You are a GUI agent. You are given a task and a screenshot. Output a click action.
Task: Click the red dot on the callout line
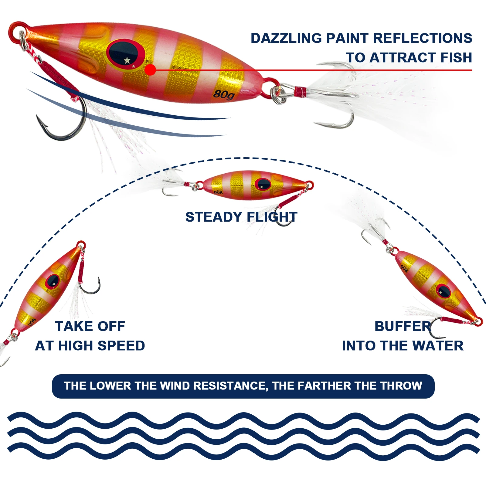150,70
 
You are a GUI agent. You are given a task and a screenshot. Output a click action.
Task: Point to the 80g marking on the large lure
224,94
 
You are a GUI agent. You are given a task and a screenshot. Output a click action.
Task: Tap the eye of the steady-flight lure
263,184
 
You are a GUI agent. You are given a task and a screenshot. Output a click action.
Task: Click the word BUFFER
403,326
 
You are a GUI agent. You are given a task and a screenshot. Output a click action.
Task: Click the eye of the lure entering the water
444,291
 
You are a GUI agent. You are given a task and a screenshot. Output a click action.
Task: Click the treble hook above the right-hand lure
376,232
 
